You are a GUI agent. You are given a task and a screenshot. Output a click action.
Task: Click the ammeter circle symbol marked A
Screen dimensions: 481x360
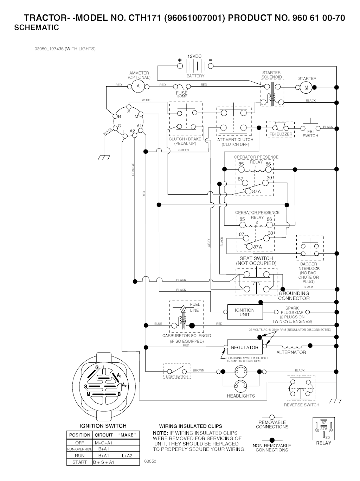coord(138,86)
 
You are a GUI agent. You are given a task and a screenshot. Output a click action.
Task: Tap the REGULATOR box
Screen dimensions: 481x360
coord(244,347)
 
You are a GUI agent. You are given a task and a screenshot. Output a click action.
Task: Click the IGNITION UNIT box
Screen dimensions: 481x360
coord(245,312)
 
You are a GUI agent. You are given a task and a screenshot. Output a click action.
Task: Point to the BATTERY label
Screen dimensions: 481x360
coord(195,76)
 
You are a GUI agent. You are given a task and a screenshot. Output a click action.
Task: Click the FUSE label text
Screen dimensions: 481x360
coord(182,93)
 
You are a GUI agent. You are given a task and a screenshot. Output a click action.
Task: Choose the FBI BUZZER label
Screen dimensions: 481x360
coord(281,134)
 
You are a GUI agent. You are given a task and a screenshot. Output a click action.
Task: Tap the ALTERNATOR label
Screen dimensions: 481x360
coord(291,352)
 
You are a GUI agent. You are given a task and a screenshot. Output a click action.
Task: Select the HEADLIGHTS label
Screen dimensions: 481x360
coord(241,396)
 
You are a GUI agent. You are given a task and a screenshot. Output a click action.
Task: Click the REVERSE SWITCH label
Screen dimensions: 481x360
coord(302,405)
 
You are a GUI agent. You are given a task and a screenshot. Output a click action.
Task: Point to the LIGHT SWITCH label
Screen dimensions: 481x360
coord(177,377)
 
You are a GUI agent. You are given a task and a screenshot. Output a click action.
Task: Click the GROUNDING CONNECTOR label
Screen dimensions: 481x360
coord(294,296)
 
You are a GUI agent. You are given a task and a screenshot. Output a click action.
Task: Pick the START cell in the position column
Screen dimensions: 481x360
coord(79,462)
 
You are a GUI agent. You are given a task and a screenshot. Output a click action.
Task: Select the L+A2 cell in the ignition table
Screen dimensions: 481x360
coord(127,456)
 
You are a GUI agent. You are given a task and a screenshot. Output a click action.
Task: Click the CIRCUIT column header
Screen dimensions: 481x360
coord(104,435)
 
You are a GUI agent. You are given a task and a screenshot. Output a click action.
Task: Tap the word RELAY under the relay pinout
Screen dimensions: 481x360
coord(323,443)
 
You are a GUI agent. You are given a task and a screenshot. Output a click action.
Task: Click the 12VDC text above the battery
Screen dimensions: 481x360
coord(194,56)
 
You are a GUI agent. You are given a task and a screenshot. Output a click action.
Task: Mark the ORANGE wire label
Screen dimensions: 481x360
coord(133,170)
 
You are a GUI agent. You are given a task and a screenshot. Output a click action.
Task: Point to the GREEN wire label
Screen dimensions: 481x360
coord(184,150)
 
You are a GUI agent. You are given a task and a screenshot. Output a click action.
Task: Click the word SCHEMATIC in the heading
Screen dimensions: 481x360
coord(37,27)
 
